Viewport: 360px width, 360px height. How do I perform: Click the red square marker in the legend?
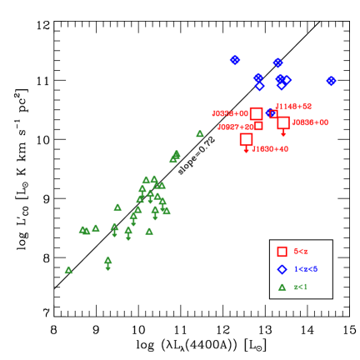click(282, 252)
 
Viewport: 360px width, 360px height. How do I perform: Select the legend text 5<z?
click(301, 252)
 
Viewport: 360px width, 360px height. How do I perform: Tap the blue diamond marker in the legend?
click(282, 269)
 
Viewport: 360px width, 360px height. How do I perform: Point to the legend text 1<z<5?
click(306, 269)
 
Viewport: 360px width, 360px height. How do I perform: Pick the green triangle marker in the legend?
click(282, 287)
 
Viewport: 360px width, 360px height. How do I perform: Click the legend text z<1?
click(301, 287)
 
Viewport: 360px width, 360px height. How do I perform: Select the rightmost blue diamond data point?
click(331, 81)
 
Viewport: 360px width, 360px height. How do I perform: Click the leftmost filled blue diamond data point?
click(235, 60)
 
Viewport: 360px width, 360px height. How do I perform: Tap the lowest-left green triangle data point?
click(68, 270)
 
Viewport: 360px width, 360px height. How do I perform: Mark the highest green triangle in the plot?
click(200, 133)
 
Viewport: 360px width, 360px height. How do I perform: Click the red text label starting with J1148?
click(293, 107)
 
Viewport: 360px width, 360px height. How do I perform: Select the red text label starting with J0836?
click(310, 122)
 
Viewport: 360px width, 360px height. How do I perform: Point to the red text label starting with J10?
click(270, 149)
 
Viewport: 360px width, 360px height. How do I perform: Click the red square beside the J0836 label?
click(283, 122)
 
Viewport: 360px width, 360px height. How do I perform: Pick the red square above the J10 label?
click(246, 139)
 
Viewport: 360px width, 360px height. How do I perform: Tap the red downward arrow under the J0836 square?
click(283, 133)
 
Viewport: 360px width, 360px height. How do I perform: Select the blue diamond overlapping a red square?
click(272, 113)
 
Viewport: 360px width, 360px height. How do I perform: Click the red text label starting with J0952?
click(230, 113)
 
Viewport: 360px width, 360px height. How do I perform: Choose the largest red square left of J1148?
click(256, 113)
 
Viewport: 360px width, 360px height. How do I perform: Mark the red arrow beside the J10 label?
click(246, 150)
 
